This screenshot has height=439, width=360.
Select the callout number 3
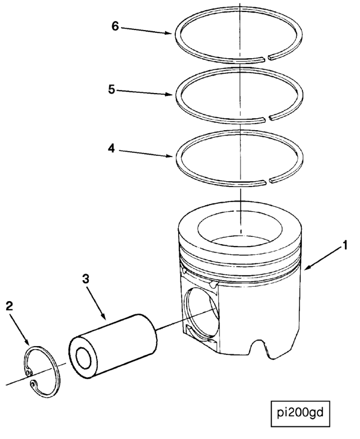[86, 279]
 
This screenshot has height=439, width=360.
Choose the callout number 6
[115, 26]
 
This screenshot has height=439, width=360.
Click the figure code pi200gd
[299, 412]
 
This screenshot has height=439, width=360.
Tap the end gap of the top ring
[267, 58]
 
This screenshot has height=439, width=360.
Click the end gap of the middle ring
[267, 116]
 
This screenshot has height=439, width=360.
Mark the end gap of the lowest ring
[267, 179]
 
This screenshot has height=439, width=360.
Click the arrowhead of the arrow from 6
[172, 34]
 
